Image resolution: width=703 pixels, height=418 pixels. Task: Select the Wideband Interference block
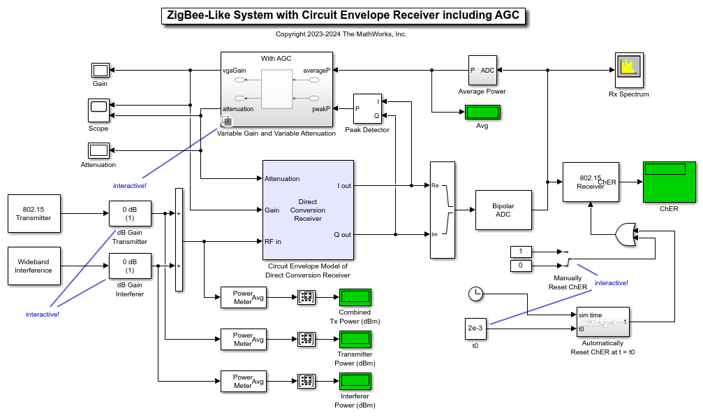click(x=34, y=266)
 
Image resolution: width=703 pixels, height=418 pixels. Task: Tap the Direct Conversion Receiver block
click(x=307, y=210)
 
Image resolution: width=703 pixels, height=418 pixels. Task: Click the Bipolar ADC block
click(x=503, y=210)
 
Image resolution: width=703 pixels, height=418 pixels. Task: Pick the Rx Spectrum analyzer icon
click(x=628, y=68)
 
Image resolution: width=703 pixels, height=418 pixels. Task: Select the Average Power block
click(x=482, y=71)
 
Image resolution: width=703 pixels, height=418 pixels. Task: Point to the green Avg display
click(x=482, y=113)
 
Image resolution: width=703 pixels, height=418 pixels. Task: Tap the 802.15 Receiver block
click(x=590, y=182)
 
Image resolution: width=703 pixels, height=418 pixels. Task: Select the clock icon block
click(x=475, y=294)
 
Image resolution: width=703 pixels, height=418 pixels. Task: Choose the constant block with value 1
click(x=521, y=252)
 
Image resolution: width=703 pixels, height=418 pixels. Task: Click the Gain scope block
click(x=101, y=70)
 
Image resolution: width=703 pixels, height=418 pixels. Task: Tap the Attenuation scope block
click(x=98, y=150)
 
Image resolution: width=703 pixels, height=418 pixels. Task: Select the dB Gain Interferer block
click(x=129, y=266)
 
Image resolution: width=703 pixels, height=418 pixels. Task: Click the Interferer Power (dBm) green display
click(x=355, y=381)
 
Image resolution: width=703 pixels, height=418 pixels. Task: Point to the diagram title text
click(x=343, y=16)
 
